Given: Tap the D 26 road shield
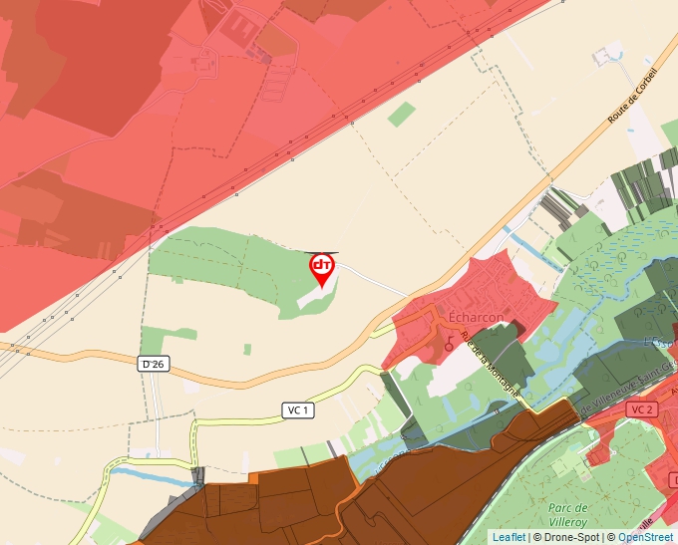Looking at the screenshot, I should coord(152,365).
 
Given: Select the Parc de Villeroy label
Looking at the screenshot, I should coord(571,512).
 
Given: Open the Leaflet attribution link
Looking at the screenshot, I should coord(508,537).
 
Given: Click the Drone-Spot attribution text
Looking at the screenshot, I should coord(571,537).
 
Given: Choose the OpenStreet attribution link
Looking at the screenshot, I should coord(646,537).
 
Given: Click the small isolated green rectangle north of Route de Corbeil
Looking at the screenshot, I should coord(402,114).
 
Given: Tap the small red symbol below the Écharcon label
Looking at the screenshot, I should coord(449,344).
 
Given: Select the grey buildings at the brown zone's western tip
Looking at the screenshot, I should coord(197,477).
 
